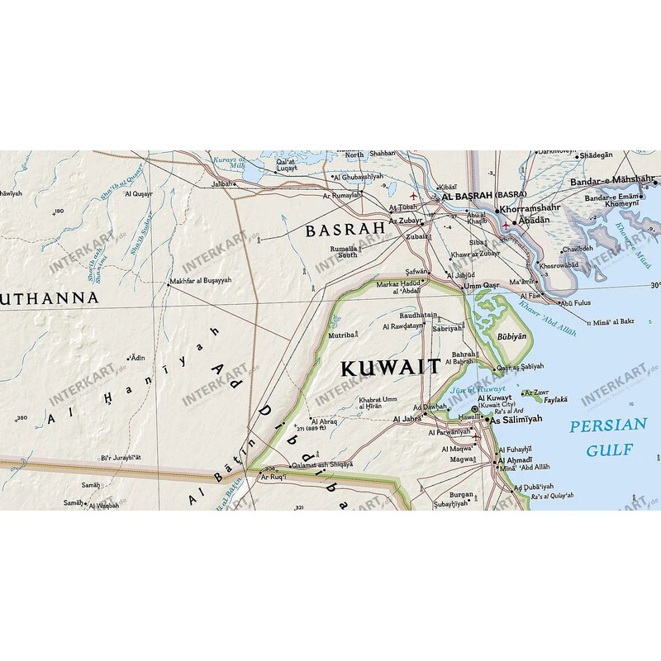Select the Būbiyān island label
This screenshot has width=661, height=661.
[500, 335]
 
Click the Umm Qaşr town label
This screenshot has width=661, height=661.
[483, 286]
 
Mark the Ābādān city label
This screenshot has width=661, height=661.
[533, 221]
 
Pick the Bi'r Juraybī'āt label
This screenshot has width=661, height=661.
[121, 457]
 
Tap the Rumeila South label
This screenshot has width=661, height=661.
[345, 251]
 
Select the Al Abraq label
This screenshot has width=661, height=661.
[325, 421]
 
